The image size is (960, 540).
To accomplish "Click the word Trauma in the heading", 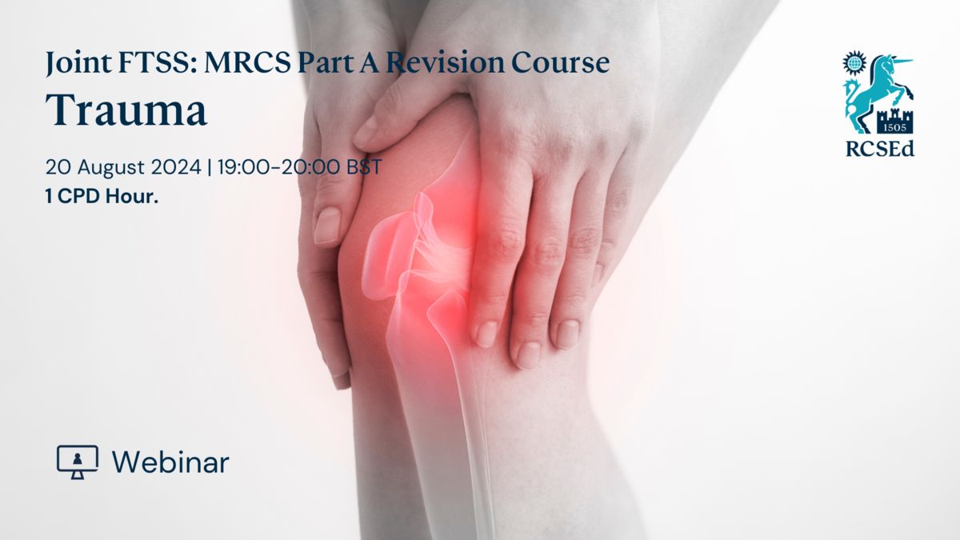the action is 126,110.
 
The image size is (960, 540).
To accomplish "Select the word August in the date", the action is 111,167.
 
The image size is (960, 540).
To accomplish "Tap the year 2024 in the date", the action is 176,166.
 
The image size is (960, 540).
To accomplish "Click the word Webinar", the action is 170,462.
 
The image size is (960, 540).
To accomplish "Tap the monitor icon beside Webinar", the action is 78,462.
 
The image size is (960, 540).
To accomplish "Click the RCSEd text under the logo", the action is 880,149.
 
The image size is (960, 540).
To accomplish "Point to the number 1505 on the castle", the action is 895,127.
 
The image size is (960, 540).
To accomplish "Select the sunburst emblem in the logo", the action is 854,63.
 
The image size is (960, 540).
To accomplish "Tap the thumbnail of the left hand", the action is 327,225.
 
